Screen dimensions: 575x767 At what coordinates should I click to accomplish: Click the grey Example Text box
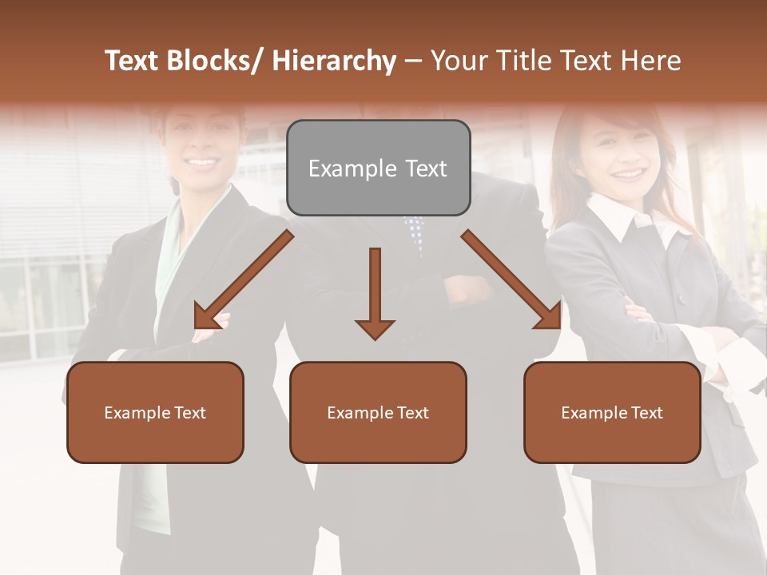click(x=378, y=168)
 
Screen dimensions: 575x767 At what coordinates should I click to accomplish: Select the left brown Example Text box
click(x=155, y=412)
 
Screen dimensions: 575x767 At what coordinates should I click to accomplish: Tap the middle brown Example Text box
click(x=378, y=412)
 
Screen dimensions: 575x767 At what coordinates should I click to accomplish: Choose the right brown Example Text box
click(x=612, y=412)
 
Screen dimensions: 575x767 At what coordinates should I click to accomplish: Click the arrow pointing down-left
click(x=244, y=280)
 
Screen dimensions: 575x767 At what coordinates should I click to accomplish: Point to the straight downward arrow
click(x=375, y=292)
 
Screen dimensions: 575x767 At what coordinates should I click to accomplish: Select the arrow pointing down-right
click(x=512, y=280)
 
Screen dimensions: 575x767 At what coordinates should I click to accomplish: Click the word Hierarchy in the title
click(x=333, y=61)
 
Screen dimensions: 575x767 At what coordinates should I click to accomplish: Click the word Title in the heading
click(x=519, y=61)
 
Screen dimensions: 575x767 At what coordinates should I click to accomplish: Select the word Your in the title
click(x=459, y=61)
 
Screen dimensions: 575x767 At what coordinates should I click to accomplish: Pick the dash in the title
click(x=412, y=61)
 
